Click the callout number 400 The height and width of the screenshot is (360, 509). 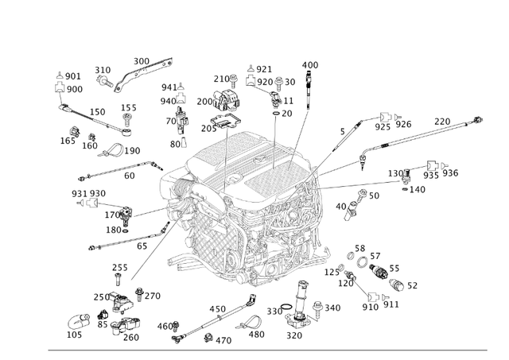click(310, 65)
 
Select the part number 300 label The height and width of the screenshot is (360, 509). click(141, 61)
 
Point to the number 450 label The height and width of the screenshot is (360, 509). click(218, 309)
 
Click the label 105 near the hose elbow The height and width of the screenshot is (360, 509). click(74, 335)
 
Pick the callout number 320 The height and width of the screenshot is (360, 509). click(294, 335)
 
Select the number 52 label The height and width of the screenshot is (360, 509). click(412, 286)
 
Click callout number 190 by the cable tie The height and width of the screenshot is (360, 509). click(132, 151)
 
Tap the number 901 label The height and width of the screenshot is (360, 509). click(73, 76)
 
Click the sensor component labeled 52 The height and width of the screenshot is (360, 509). click(394, 278)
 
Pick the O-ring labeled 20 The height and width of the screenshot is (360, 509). click(275, 114)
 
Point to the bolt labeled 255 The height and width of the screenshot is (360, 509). click(118, 281)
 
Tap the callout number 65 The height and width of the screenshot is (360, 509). click(142, 246)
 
